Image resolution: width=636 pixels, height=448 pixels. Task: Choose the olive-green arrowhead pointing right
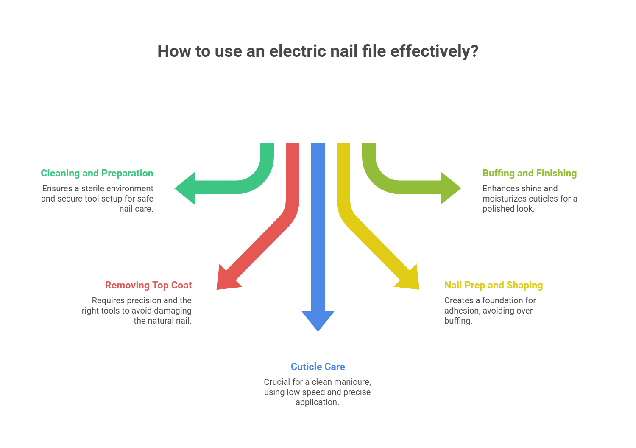[450, 188]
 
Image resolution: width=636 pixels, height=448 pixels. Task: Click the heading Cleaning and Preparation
[97, 173]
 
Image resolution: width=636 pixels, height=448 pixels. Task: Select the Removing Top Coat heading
[148, 285]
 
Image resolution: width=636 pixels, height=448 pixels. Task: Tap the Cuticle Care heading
[318, 367]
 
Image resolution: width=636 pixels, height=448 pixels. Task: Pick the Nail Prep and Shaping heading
[494, 285]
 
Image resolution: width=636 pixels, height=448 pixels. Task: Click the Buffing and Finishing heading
[530, 173]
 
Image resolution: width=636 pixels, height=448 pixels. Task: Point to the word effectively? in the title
[434, 51]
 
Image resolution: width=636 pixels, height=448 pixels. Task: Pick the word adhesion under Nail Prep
[462, 311]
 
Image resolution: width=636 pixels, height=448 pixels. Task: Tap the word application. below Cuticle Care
[317, 402]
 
